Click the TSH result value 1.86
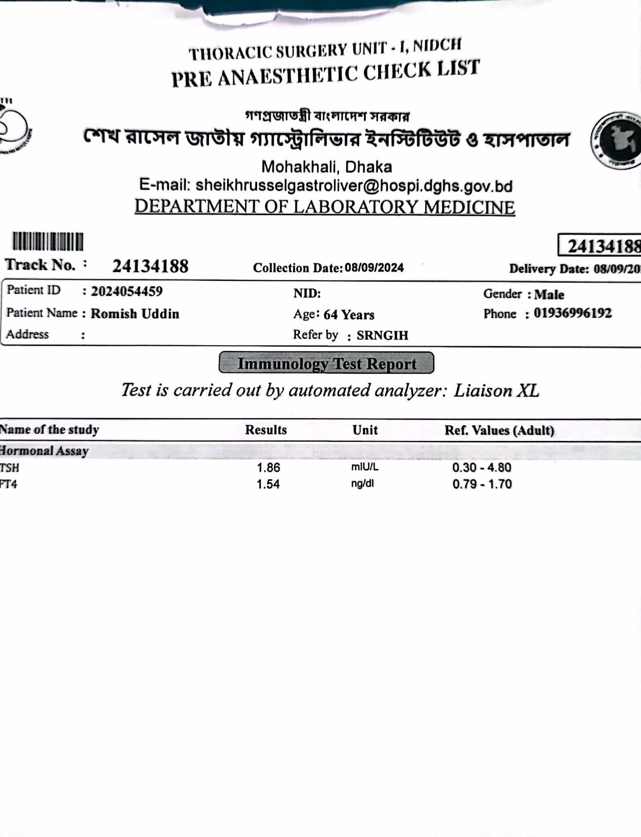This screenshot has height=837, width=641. click(268, 467)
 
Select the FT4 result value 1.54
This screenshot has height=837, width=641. click(268, 484)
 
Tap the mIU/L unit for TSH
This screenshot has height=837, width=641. click(364, 467)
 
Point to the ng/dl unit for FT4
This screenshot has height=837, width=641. click(362, 483)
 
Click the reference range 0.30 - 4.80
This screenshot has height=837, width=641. click(482, 467)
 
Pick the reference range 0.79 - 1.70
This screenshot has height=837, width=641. click(482, 484)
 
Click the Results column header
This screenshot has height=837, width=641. click(266, 430)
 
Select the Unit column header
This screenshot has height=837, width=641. click(365, 430)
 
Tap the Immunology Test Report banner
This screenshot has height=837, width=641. click(326, 363)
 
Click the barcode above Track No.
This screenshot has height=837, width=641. click(48, 241)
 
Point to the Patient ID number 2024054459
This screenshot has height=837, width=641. click(127, 291)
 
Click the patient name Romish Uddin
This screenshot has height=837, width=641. click(135, 313)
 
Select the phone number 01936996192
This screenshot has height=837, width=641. click(572, 313)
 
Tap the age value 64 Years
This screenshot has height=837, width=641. click(349, 315)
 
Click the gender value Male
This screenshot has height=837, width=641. click(549, 294)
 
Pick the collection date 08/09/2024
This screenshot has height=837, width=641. click(374, 268)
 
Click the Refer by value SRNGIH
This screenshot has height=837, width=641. click(382, 335)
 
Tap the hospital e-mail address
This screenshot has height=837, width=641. click(354, 186)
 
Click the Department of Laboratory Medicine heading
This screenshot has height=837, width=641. click(325, 207)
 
